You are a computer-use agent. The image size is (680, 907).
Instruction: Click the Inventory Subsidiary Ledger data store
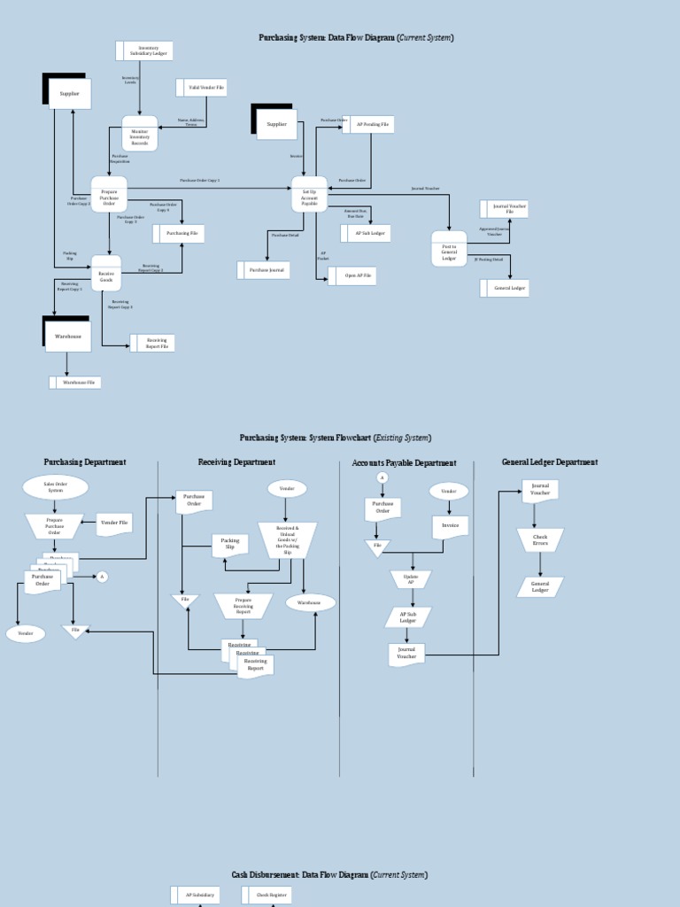click(x=145, y=50)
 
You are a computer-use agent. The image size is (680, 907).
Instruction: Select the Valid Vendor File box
click(x=203, y=87)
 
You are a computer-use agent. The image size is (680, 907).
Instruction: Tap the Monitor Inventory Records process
click(x=140, y=134)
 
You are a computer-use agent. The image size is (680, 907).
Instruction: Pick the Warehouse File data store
click(x=77, y=382)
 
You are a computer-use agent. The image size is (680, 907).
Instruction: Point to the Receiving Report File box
click(x=154, y=343)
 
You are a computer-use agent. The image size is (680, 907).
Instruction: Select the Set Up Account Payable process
click(x=309, y=194)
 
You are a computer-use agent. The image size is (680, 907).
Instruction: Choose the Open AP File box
click(x=353, y=276)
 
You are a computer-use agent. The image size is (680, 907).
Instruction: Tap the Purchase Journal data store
click(x=265, y=269)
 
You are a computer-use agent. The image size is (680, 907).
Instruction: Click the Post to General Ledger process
click(x=449, y=249)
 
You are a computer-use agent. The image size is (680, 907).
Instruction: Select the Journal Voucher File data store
click(x=506, y=209)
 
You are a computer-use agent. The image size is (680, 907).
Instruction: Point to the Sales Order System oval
click(x=55, y=487)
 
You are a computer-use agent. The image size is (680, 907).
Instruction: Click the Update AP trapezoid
click(x=411, y=579)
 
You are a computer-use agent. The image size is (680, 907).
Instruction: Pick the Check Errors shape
click(x=540, y=539)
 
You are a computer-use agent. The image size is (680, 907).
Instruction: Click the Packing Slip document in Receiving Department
click(x=229, y=545)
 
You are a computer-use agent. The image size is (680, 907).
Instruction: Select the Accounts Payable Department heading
click(x=404, y=463)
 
